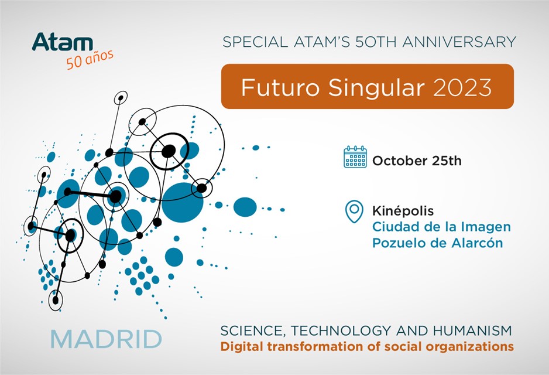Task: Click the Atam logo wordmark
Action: (x=62, y=42)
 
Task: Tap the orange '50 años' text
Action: (x=90, y=59)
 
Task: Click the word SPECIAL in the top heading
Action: (x=255, y=42)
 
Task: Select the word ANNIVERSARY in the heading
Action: (x=459, y=42)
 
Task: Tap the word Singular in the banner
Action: (x=376, y=88)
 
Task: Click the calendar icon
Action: (x=355, y=156)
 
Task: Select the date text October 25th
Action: (x=417, y=161)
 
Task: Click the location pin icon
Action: (x=354, y=212)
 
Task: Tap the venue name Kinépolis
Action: (x=403, y=210)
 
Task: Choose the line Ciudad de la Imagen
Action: (x=441, y=227)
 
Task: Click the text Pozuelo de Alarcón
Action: (x=437, y=243)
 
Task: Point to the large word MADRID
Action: (x=107, y=339)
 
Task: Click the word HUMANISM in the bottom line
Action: (x=472, y=330)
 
